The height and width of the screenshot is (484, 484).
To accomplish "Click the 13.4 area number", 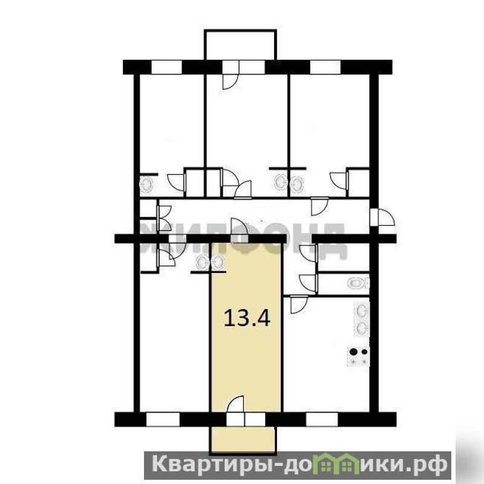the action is point(247,318).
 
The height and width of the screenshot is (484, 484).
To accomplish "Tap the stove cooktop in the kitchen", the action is point(358,356).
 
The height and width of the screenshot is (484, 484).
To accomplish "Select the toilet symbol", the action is point(358,283).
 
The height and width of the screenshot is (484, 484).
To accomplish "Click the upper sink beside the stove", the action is point(362,310).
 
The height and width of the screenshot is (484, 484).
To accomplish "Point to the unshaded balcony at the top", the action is point(240,45).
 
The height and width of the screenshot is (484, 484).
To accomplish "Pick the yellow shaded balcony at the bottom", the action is point(243,440).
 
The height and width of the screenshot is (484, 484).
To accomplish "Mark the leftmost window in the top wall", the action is point(166,67).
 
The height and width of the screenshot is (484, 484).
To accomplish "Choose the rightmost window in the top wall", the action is point(325,67).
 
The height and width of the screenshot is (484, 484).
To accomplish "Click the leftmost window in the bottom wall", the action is point(163,419).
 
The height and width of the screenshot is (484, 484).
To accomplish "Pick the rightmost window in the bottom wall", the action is point(322,419).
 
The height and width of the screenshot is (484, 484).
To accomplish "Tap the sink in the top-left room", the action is point(146,185).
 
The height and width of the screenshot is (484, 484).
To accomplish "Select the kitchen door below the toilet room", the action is point(299,304).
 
